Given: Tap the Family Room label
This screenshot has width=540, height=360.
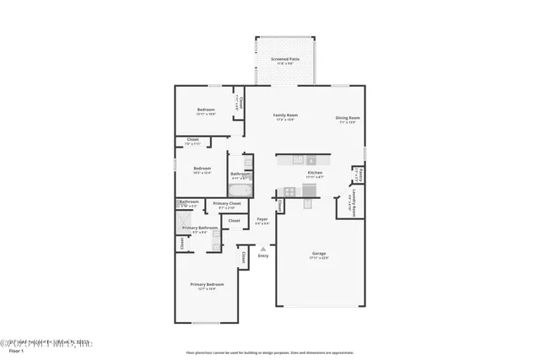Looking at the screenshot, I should tap(285, 115).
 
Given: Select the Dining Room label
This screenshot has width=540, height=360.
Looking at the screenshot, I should tap(348, 118).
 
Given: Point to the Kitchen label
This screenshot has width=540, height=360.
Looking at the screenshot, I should tap(315, 172).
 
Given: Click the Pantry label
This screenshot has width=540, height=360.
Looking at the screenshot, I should tap(360, 175).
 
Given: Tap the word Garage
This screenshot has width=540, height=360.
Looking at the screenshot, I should tap(319, 254).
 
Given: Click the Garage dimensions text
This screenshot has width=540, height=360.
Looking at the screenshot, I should tap(319, 258).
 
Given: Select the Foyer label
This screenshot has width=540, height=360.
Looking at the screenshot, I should tap(262, 219).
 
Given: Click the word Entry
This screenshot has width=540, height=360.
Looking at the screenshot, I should tap(263, 256).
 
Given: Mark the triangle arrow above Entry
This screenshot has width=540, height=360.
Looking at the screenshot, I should tap(263, 249).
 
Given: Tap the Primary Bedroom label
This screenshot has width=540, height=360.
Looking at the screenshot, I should tap(207, 284).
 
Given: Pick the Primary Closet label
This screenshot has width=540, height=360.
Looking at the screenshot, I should tap(227, 203).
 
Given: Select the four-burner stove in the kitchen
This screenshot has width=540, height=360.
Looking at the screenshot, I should tap(289, 191).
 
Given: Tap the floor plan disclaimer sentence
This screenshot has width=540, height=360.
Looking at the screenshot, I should tap(270, 352).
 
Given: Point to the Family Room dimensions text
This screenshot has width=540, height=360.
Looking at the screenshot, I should tap(285, 120).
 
